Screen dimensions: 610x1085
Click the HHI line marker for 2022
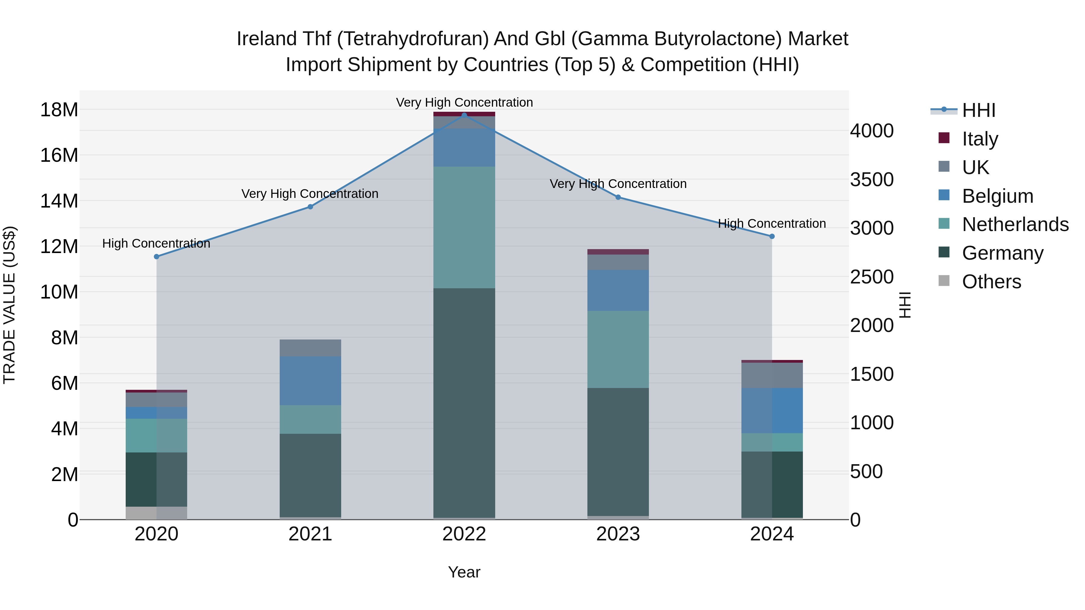tap(464, 115)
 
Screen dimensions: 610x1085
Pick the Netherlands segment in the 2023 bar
tap(618, 349)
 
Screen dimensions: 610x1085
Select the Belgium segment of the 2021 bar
tap(310, 381)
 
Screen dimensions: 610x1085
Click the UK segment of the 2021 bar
tap(310, 348)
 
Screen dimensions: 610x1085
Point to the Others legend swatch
tap(944, 281)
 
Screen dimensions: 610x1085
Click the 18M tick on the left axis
tap(59, 110)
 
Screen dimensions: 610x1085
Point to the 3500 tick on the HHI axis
tap(871, 180)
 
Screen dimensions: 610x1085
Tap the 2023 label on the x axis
tap(618, 534)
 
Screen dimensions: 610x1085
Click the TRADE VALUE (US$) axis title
tap(9, 305)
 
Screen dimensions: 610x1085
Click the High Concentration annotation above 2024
tap(772, 224)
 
